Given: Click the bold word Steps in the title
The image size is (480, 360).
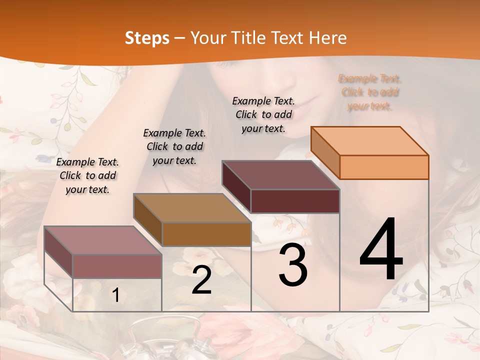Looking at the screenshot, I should pos(147,38).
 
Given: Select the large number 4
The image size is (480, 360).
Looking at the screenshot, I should pos(381,250).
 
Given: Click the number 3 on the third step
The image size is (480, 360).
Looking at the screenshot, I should pos(293,265).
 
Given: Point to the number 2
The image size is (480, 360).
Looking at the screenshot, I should pos(201,280).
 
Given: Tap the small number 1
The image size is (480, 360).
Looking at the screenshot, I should pos(115,295).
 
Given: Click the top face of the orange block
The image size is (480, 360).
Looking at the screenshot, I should pos(370,140).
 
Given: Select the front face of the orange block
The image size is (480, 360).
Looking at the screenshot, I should pos(384,167).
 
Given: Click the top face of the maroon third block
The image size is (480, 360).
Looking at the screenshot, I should pos(281,175).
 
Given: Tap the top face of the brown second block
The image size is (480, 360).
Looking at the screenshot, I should pos(192,208).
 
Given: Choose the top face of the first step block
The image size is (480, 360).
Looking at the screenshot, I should pos(103,240).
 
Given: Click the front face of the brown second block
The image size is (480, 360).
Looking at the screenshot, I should pos(206,234).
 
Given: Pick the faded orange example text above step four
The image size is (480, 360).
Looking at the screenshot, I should pos(370,92).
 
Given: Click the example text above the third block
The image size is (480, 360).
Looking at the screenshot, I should pos(263,114).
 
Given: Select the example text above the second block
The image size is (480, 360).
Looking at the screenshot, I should pos(174,146).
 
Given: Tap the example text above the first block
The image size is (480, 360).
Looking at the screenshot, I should pos(87,175).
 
